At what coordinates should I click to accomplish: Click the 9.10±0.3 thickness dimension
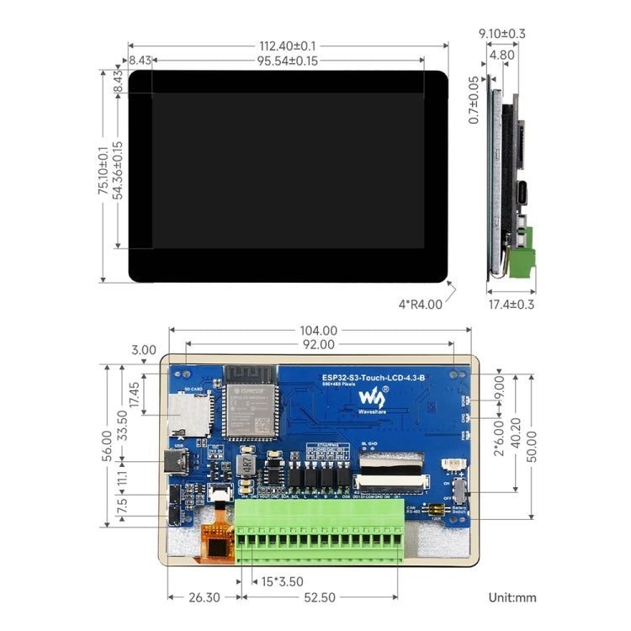pyautogui.click(x=501, y=34)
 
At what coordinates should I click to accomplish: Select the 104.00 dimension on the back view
pyautogui.click(x=318, y=331)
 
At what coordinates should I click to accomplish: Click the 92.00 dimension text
pyautogui.click(x=318, y=344)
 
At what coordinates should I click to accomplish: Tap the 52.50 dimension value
pyautogui.click(x=319, y=597)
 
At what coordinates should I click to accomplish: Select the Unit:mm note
pyautogui.click(x=512, y=597)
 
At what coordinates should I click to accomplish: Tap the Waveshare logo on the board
pyautogui.click(x=374, y=398)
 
